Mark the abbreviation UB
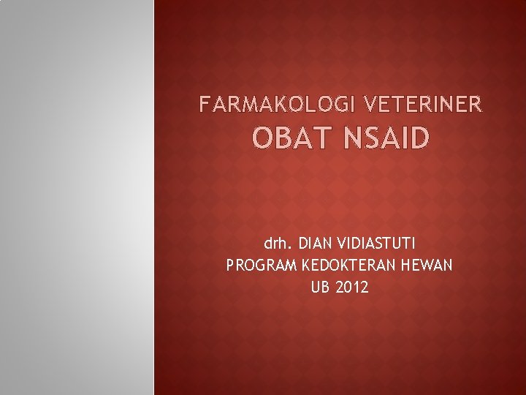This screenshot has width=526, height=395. (x=321, y=287)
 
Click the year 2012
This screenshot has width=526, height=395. (x=352, y=287)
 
